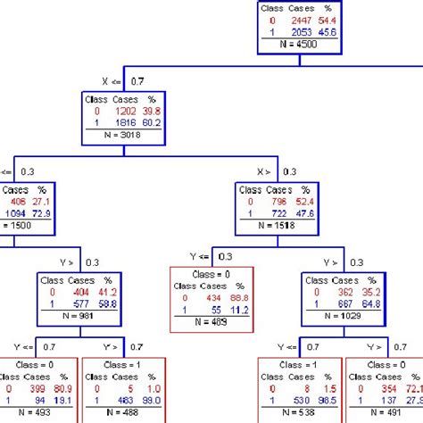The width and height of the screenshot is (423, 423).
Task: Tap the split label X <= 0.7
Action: (122, 80)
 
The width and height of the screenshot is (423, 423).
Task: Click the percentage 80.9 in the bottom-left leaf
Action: (63, 390)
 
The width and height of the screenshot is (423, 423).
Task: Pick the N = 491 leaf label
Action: (386, 414)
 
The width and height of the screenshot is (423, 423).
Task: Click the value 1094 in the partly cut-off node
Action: (17, 215)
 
